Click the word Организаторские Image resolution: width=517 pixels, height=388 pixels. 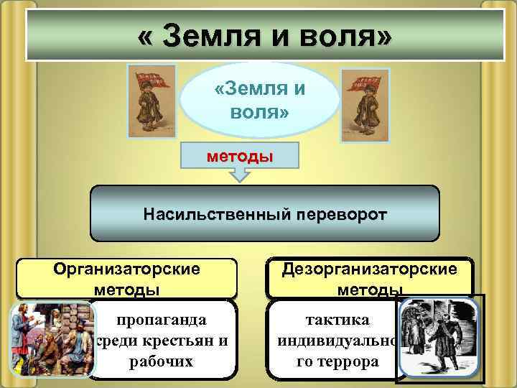pos(126,269)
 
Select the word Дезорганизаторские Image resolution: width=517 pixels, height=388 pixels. pos(369,269)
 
